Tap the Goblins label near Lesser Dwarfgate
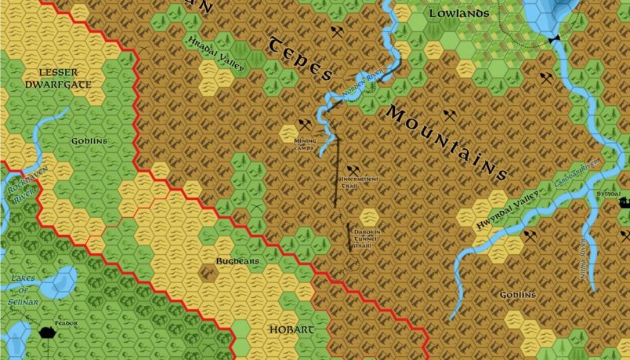pos(89,141)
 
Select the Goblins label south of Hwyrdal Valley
pos(517,295)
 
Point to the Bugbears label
pos(237,261)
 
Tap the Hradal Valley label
pos(216,53)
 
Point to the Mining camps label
pos(305,144)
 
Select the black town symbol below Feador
pos(47,332)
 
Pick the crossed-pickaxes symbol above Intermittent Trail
pos(353,170)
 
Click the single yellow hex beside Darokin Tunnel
pos(369,217)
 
